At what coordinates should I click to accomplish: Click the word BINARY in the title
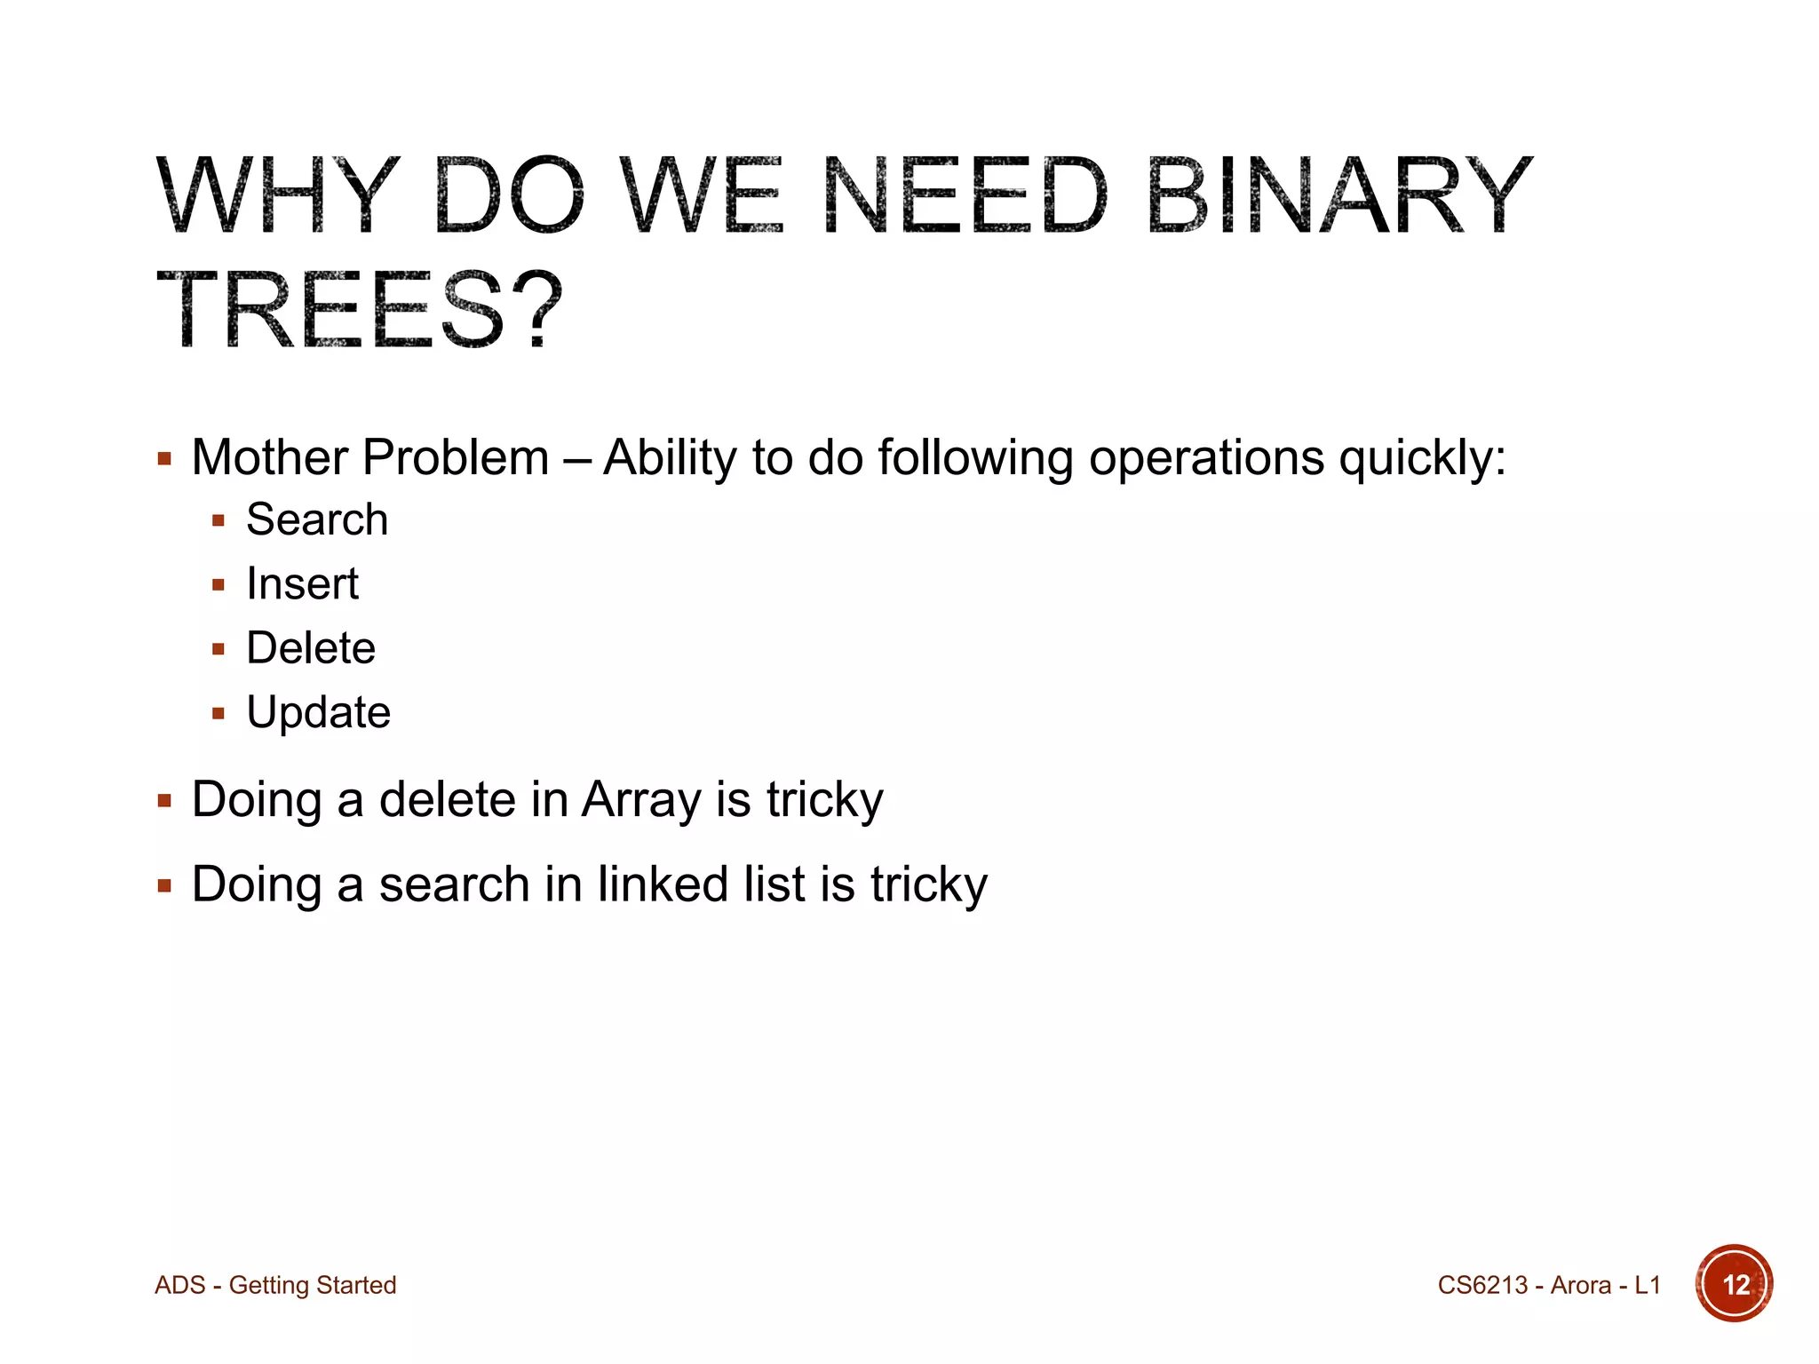click(1339, 195)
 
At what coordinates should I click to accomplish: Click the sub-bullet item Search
click(317, 519)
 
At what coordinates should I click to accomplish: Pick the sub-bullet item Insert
click(302, 584)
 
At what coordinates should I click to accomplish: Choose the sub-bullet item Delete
click(311, 648)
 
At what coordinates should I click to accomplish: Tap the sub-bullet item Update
click(318, 712)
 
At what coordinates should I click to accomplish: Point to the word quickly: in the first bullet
click(1422, 458)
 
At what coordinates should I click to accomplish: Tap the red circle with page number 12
click(1734, 1284)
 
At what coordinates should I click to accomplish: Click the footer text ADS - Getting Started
click(275, 1285)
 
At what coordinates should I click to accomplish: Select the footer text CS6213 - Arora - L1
click(1548, 1285)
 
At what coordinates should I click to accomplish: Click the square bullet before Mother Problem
click(164, 459)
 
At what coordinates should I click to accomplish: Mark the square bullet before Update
click(218, 713)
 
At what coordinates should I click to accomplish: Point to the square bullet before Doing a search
click(164, 885)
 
